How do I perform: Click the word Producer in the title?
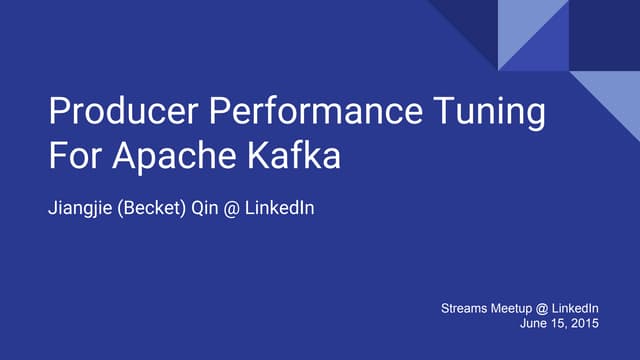111,113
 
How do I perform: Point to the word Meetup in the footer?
515,310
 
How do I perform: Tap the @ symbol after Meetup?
546,310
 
